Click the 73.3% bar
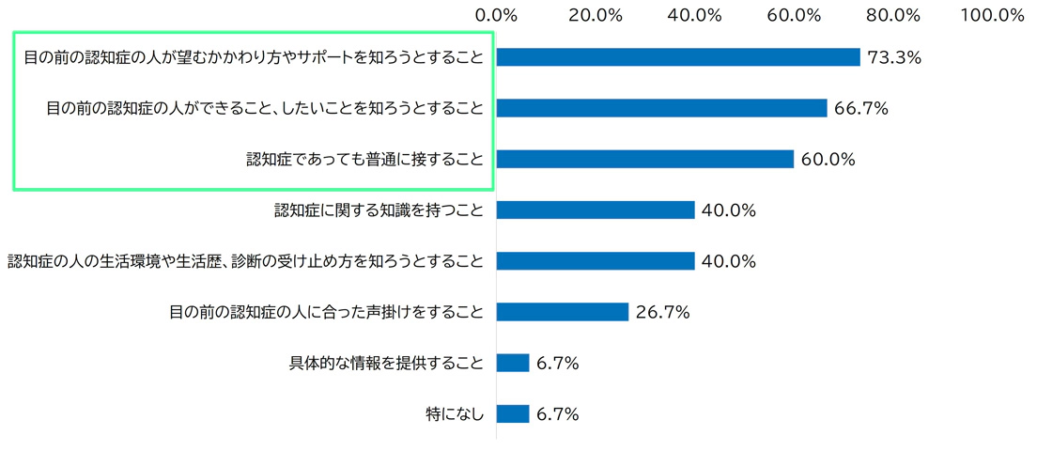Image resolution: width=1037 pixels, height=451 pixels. point(678,57)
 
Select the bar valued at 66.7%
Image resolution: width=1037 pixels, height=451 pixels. point(661,108)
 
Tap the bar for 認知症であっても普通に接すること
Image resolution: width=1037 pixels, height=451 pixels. point(644,159)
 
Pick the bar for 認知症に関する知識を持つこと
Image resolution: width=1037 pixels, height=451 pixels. point(596,210)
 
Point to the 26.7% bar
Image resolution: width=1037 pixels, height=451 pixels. point(562,311)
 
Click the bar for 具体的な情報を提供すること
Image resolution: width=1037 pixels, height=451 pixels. point(513,363)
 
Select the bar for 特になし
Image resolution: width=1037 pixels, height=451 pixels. point(513,413)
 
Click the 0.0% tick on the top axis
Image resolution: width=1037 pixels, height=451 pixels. point(497,15)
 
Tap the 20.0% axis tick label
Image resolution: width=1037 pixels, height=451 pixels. point(596,15)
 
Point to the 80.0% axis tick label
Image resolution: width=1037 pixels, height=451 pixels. point(893,15)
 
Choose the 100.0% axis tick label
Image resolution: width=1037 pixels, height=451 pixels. point(992,15)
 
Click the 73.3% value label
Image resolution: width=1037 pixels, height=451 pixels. point(894,57)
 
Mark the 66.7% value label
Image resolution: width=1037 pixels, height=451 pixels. point(861,108)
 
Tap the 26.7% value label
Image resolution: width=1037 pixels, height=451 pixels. point(662,312)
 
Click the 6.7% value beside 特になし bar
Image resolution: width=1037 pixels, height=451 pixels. point(557,413)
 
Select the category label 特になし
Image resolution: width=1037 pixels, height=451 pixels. point(455,413)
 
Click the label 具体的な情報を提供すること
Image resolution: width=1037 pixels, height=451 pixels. point(386,363)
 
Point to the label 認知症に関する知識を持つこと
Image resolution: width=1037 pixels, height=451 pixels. point(379,210)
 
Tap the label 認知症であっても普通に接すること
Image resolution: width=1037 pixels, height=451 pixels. point(364,159)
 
